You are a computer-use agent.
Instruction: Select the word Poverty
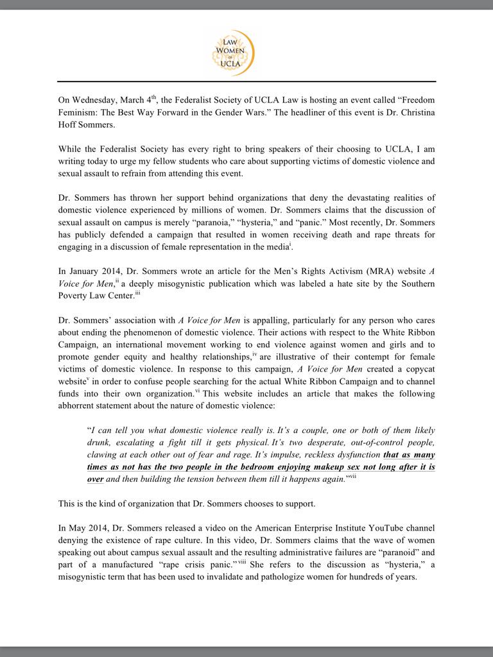75,296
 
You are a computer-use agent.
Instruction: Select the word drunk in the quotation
101,443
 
